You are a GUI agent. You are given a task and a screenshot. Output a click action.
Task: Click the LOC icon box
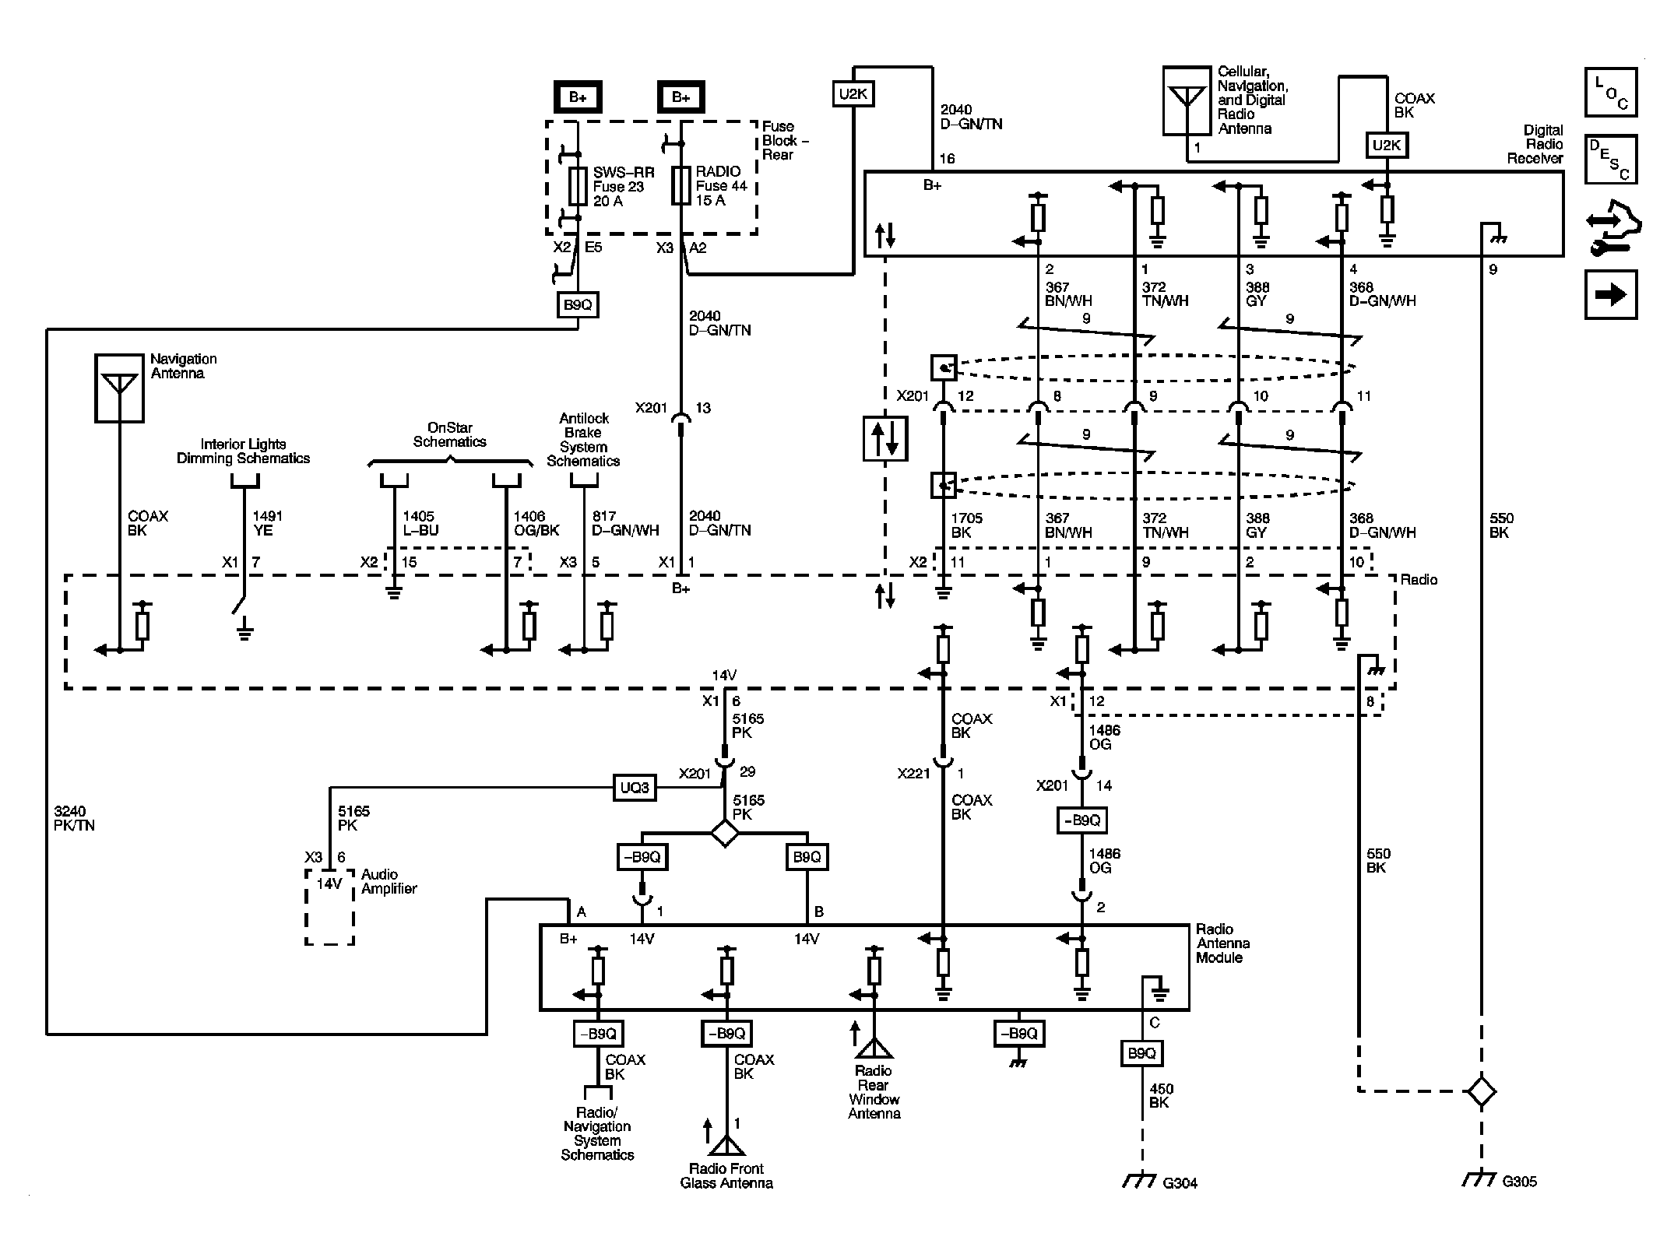pyautogui.click(x=1611, y=92)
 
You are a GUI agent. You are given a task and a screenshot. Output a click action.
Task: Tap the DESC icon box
pyautogui.click(x=1611, y=159)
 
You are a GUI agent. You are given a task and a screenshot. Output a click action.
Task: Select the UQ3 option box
pyautogui.click(x=635, y=788)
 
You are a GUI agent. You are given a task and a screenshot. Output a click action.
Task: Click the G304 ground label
pyautogui.click(x=1180, y=1183)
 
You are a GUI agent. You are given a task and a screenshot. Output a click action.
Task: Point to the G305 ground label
pyautogui.click(x=1519, y=1181)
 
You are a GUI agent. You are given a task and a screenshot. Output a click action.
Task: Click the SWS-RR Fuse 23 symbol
pyautogui.click(x=578, y=185)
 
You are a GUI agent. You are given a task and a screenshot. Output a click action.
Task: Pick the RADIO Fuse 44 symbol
pyautogui.click(x=681, y=185)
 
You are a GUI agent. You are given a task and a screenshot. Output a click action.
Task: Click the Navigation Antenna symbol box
pyautogui.click(x=119, y=388)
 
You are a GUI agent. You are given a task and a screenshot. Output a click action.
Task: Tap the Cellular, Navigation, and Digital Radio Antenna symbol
pyautogui.click(x=1187, y=100)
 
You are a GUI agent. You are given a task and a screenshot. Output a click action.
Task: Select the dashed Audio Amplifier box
pyautogui.click(x=329, y=908)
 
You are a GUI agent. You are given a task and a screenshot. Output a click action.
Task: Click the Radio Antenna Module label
pyautogui.click(x=1223, y=943)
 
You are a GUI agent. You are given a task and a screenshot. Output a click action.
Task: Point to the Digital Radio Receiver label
pyautogui.click(x=1535, y=144)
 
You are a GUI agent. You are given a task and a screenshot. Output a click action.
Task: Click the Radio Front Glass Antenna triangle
pyautogui.click(x=726, y=1145)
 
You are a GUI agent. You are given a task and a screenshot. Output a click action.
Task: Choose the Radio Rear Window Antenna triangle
pyautogui.click(x=874, y=1048)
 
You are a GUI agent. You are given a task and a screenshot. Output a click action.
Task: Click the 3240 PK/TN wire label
pyautogui.click(x=75, y=818)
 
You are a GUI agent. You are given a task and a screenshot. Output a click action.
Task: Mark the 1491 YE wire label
pyautogui.click(x=268, y=523)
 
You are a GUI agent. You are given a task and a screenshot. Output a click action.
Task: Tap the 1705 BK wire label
pyautogui.click(x=967, y=525)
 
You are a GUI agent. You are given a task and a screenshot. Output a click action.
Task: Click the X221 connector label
pyautogui.click(x=913, y=774)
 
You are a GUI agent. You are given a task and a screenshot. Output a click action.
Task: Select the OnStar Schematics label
pyautogui.click(x=450, y=434)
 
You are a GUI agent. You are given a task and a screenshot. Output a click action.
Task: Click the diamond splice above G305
pyautogui.click(x=1481, y=1091)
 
